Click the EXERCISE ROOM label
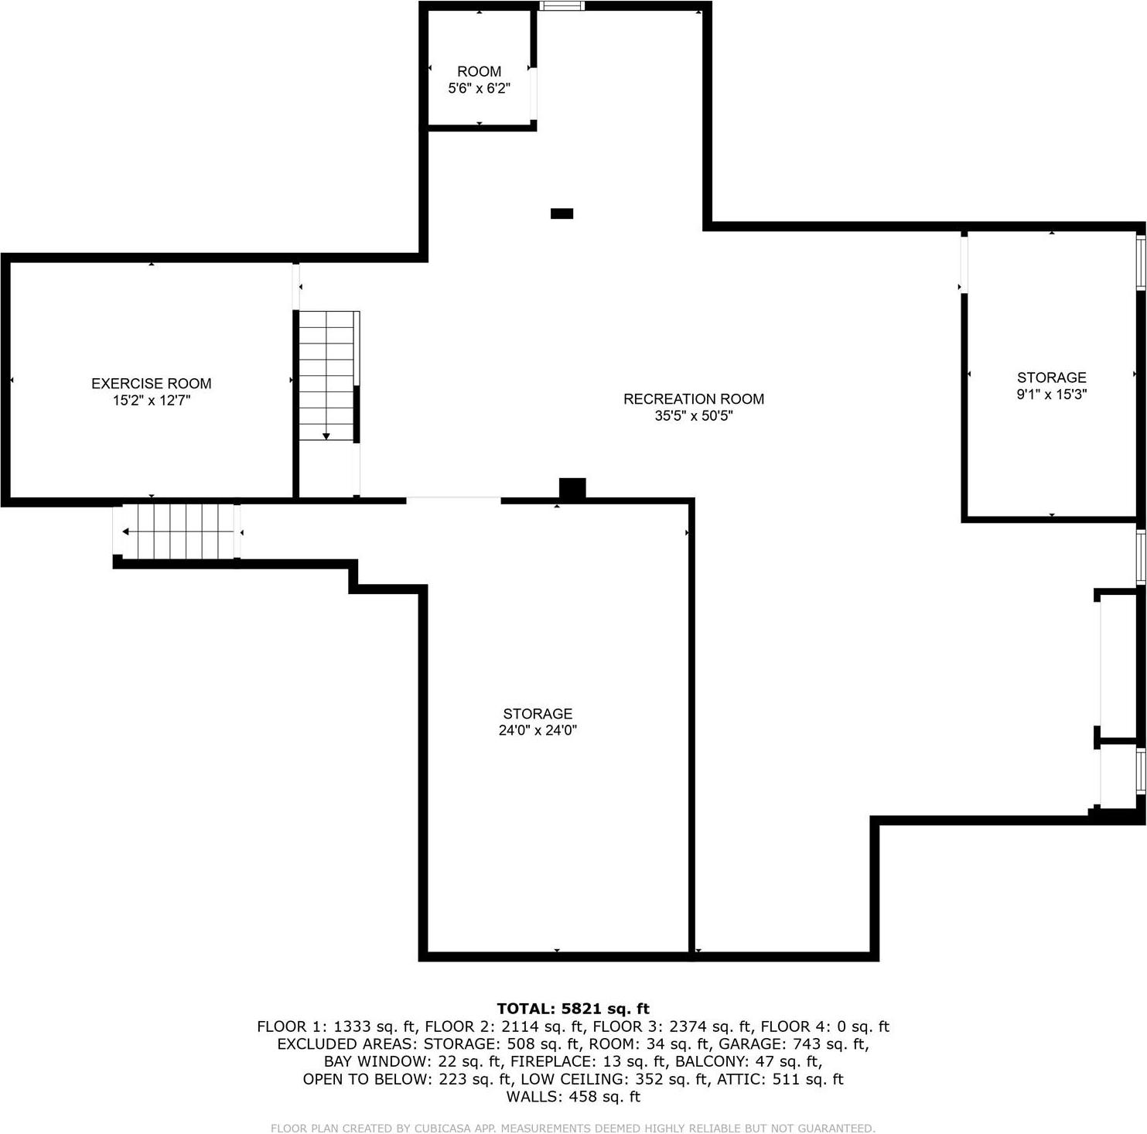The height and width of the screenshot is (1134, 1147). tap(151, 384)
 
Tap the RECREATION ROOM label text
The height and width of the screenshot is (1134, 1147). tap(693, 399)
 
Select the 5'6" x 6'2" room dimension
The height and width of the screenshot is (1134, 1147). tap(479, 88)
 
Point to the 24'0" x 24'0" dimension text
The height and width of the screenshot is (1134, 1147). tap(538, 730)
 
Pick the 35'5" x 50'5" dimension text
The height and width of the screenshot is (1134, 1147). tap(693, 416)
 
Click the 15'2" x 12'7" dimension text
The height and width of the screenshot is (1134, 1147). tap(151, 401)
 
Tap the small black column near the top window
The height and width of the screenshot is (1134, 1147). tap(562, 213)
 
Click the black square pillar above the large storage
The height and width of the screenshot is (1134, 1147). tap(572, 489)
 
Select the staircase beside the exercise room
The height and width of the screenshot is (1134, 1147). tap(327, 376)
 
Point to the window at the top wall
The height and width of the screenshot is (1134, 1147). tap(562, 6)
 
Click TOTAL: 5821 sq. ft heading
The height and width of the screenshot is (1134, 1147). tap(573, 1009)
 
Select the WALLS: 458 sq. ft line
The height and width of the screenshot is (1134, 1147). tap(573, 1097)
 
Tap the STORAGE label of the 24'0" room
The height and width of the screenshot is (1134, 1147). tap(538, 713)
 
